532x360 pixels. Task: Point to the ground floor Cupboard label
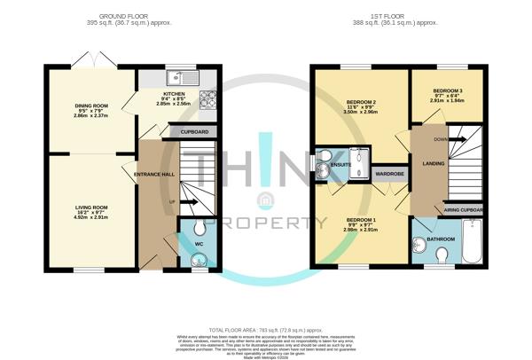click(194, 132)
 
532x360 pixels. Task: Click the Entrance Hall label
click(154, 174)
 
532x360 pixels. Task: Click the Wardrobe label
click(388, 174)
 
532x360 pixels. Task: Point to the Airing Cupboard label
click(463, 209)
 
